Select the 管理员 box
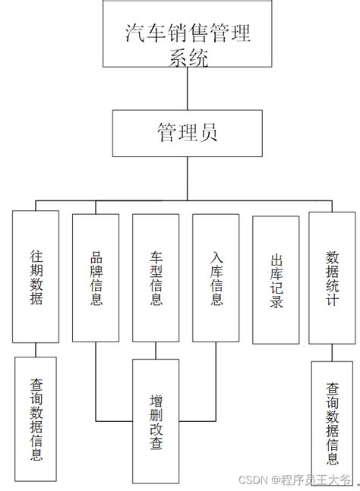188,134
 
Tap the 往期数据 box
35,276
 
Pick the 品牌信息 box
96,276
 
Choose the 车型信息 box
156,276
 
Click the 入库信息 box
216,276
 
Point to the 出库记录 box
276,280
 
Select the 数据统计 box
331,276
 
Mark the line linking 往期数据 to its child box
36,349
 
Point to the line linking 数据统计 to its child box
332,352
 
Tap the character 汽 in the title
136,34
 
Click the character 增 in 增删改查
156,398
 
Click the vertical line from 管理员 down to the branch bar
188,179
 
